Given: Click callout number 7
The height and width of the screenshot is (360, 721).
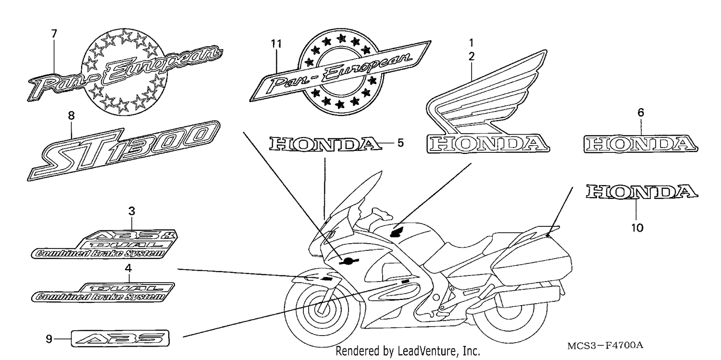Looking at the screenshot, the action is pos(54,34).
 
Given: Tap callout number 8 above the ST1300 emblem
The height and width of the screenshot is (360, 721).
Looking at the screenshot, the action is pos(71,115).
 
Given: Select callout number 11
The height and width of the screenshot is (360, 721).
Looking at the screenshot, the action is pos(276,43).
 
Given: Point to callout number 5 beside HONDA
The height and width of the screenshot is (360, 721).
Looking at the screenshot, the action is pos(400,143).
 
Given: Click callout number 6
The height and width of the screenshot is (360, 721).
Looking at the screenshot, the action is pos(641,112).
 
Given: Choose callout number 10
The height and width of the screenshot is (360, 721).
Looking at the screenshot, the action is pos(637,228).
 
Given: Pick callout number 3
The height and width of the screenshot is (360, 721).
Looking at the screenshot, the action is pos(132,211).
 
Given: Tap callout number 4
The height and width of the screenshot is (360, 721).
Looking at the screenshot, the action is pos(128,268).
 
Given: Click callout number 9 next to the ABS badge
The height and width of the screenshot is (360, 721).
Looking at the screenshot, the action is pos(49,339).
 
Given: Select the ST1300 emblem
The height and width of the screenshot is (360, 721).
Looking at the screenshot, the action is pos(124,150).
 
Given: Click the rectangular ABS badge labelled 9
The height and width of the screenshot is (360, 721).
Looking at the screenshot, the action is pos(120,338).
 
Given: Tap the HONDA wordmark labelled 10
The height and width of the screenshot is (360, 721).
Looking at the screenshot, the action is pos(642,192).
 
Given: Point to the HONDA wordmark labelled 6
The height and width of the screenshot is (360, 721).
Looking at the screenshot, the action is pos(641,144).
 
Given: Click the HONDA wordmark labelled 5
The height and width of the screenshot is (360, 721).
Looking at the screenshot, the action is pos(325,144).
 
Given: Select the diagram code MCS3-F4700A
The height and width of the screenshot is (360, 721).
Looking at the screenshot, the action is pos(605,346).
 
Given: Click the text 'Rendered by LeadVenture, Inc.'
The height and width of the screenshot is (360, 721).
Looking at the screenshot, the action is pos(408,351).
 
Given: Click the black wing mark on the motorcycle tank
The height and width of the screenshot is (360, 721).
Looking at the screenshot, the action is pos(397,232).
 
